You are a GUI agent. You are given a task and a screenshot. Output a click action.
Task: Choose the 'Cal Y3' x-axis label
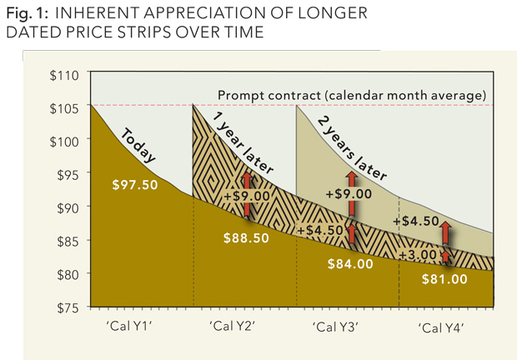click(x=337, y=327)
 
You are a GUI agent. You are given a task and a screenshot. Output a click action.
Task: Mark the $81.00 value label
click(x=441, y=279)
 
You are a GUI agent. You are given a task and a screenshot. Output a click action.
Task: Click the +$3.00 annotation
click(x=418, y=253)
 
